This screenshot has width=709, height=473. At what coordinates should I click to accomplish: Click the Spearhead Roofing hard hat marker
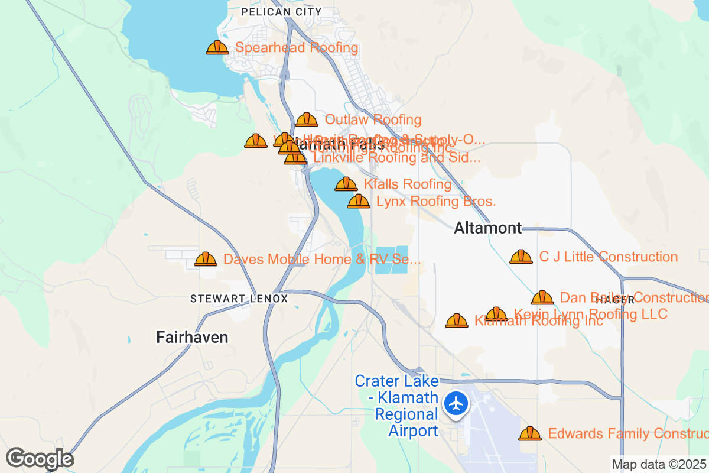tap(217, 48)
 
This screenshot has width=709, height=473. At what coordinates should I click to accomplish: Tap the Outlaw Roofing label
tap(373, 120)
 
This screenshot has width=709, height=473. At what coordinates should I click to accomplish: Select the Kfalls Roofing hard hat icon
tap(346, 184)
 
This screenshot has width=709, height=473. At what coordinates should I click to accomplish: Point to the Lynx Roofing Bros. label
tap(436, 202)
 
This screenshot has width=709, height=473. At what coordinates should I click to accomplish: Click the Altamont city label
tap(488, 228)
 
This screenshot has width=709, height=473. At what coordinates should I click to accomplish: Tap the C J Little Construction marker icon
tap(521, 257)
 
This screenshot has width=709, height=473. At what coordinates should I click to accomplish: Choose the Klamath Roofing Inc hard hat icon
tap(457, 321)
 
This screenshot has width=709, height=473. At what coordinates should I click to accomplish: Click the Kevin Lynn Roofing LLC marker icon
tap(496, 315)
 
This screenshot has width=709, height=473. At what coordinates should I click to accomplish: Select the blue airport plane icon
tap(456, 404)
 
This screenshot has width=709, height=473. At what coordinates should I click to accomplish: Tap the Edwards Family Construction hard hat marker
tap(530, 434)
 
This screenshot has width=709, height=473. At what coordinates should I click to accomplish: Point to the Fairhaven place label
tap(192, 337)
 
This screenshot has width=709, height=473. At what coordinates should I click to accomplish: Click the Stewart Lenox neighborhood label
tap(239, 299)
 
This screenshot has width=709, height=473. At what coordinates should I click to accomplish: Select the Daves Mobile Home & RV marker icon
tap(206, 260)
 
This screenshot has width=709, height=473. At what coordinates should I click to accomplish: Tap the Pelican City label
tap(282, 12)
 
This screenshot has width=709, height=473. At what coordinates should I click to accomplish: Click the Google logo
tap(40, 459)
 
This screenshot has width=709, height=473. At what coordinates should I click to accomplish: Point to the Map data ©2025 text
tap(659, 465)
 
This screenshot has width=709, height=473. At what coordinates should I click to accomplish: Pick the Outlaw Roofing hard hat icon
tap(307, 120)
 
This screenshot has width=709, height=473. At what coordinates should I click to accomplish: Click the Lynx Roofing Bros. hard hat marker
tap(359, 202)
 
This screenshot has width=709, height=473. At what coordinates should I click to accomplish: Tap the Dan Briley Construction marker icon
tap(542, 298)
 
